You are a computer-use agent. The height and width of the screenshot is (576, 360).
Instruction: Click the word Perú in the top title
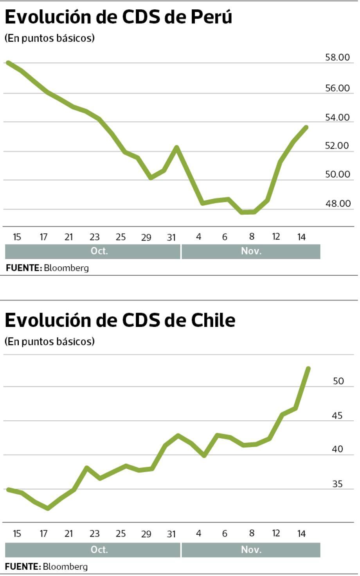click(211, 16)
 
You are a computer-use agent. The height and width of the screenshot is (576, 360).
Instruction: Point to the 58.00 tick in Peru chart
click(337, 57)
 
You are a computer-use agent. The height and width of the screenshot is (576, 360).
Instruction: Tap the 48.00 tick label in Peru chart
click(338, 203)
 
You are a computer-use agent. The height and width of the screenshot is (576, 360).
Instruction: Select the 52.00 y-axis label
click(337, 146)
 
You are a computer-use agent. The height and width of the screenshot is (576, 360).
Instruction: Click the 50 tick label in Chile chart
click(338, 381)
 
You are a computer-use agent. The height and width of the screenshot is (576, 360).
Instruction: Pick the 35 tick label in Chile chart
click(337, 484)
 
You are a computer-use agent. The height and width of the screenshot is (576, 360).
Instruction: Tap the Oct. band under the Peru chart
click(99, 251)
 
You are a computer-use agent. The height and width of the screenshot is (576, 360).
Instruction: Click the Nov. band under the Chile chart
click(251, 550)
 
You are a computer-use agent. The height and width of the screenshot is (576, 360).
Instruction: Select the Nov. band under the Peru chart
click(251, 251)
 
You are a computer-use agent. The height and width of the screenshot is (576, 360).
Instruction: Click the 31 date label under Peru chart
click(171, 237)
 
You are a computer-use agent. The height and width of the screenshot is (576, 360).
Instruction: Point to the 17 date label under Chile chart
click(43, 533)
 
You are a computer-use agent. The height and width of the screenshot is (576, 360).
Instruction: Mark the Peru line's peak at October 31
click(176, 147)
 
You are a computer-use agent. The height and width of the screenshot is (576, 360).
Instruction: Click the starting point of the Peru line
click(8, 63)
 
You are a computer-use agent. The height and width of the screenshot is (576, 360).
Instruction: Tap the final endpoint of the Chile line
click(308, 368)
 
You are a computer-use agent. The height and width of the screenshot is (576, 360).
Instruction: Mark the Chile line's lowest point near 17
click(48, 508)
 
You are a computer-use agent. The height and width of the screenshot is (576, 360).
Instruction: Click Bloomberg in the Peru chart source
click(66, 268)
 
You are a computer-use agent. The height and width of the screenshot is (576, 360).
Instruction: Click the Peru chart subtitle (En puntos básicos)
click(50, 38)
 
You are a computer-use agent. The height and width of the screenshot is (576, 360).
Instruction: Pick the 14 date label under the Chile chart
click(301, 533)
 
